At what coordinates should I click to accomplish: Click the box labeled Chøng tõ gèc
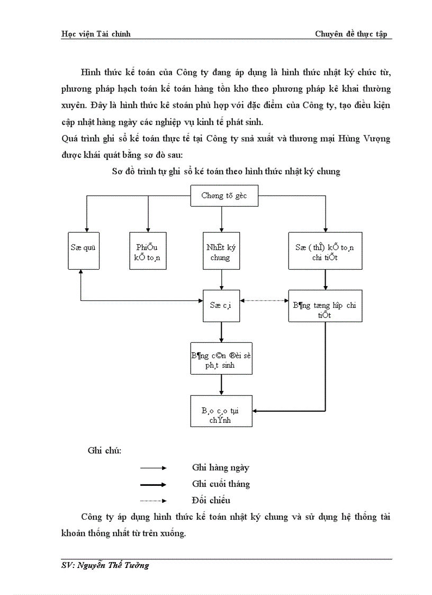pos(223,196)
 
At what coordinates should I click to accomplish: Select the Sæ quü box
pos(84,247)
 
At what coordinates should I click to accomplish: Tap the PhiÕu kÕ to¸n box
pos(148,251)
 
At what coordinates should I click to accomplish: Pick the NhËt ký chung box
pos(221,251)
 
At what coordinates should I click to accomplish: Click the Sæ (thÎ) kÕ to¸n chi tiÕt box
pos(325,251)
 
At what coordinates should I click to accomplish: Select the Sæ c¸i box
pos(221,306)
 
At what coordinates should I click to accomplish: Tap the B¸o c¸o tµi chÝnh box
pos(221,411)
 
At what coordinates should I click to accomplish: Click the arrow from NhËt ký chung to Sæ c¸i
pos(221,279)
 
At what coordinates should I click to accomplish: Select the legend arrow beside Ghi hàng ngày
pos(153,468)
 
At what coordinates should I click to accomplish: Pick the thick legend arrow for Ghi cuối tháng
pos(153,484)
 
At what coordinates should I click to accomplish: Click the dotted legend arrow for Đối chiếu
pos(153,500)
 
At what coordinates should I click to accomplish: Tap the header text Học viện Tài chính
pos(96,34)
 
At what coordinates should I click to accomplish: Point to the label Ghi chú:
pos(104,451)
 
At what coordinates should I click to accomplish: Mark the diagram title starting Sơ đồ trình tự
pos(226,172)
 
